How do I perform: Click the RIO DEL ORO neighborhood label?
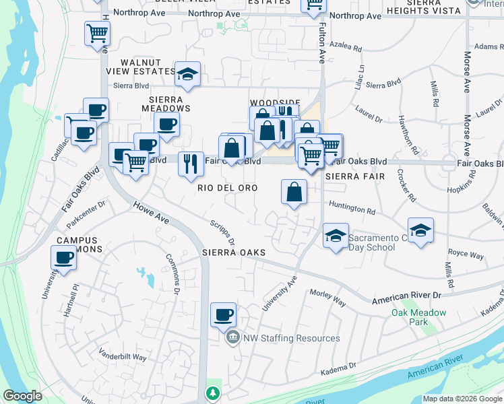[227, 189]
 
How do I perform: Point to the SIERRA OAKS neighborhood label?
[234, 252]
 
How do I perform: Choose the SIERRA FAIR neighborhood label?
[354, 176]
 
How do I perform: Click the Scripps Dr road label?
[222, 232]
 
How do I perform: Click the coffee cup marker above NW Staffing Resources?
[223, 314]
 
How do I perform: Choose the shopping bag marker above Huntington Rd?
[294, 193]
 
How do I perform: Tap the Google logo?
[22, 396]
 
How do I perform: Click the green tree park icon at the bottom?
[213, 393]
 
